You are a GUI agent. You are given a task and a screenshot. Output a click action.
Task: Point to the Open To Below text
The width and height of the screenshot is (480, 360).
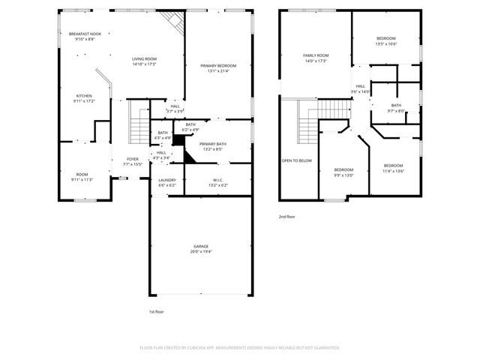point(296,160)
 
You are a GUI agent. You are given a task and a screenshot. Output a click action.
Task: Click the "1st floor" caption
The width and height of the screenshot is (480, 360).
point(156,311)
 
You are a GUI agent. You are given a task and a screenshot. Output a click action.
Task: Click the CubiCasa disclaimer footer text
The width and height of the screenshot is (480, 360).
point(240,347)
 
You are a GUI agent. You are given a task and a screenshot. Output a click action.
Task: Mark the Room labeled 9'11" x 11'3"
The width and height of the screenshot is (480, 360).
point(82,176)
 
